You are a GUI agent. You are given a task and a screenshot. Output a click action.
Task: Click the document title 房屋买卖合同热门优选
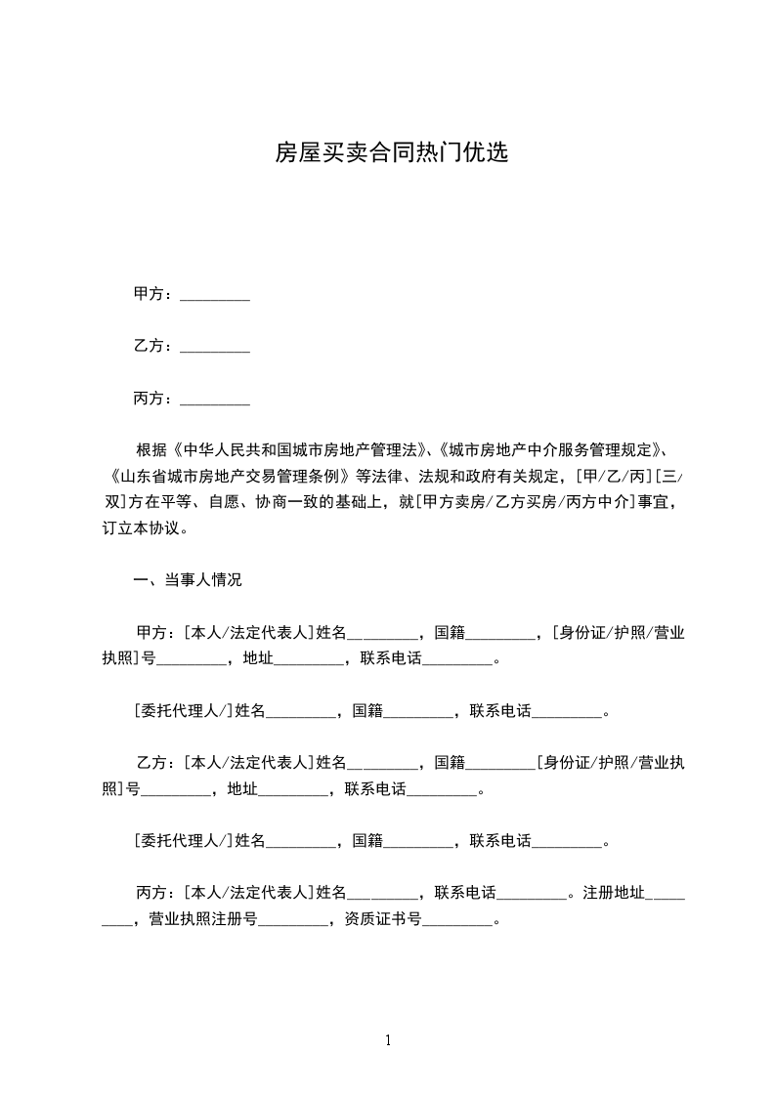click(391, 152)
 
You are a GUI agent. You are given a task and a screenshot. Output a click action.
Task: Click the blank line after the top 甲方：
click(215, 294)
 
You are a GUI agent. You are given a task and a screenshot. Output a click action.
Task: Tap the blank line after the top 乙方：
click(215, 346)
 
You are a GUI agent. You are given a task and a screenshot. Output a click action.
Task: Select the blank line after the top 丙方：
click(215, 399)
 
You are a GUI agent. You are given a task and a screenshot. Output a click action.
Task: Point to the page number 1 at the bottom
click(388, 1040)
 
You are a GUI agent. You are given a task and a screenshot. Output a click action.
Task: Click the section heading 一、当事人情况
click(187, 580)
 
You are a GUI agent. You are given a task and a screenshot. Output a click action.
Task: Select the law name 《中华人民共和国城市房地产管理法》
click(299, 450)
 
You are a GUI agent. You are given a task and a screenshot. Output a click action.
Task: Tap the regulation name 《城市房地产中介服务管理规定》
click(551, 450)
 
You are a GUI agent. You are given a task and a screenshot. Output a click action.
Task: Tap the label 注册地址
click(614, 893)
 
